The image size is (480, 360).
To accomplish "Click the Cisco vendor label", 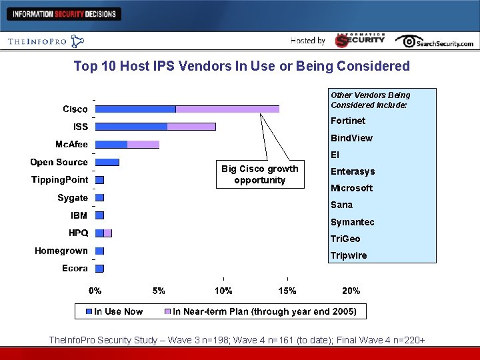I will tap(75, 109).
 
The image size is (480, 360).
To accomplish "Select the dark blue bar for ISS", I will tap(131, 127).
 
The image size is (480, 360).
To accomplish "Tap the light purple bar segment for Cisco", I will tap(227, 109).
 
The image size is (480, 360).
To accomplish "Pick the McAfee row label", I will tap(71, 145).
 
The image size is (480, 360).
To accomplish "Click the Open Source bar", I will tap(107, 162).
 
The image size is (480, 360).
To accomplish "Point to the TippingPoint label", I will tap(60, 179).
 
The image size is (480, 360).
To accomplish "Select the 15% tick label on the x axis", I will tap(287, 291).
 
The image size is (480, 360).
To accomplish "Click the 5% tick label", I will tap(159, 291).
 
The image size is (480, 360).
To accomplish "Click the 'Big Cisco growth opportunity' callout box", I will tap(260, 175).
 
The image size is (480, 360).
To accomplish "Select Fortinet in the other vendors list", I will tap(348, 121).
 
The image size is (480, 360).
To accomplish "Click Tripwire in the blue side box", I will tap(349, 256).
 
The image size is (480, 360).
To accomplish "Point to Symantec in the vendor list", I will tap(353, 222).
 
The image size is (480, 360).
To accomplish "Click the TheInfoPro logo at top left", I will tap(45, 41).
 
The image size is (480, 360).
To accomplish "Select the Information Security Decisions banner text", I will tap(64, 14).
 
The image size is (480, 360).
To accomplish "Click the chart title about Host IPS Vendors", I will tap(241, 66).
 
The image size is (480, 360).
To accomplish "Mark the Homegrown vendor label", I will tap(61, 251).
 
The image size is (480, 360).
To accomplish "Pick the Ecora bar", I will tap(100, 269).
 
